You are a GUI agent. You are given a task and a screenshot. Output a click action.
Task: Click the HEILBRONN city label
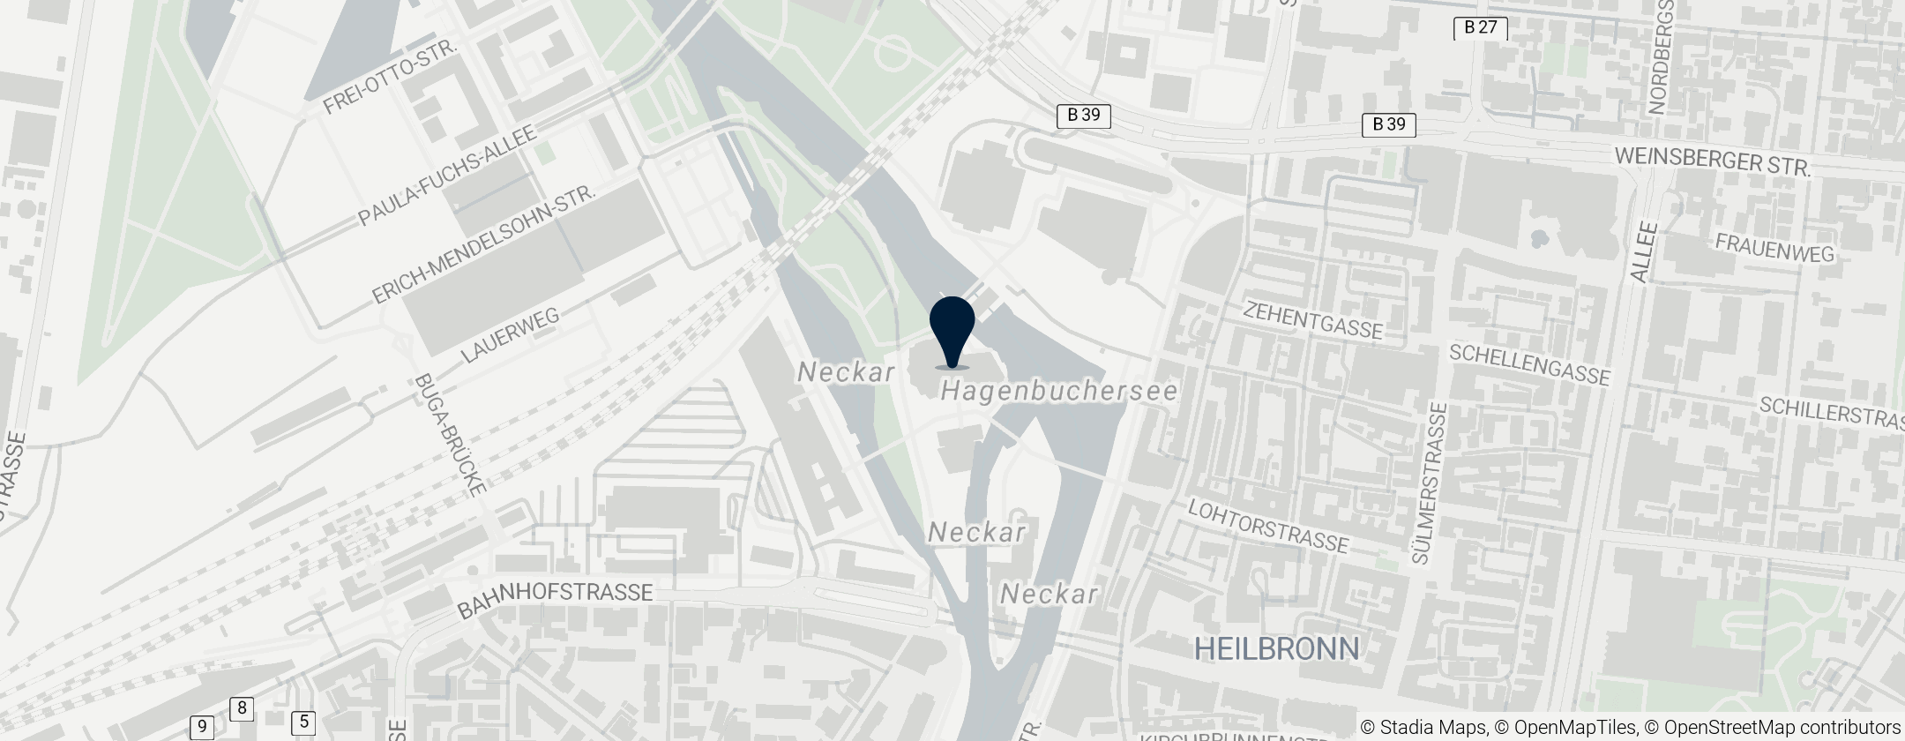(1276, 649)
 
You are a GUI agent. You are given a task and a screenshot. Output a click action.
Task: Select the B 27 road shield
(1480, 28)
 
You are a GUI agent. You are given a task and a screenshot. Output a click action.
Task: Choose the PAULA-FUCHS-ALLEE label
(447, 176)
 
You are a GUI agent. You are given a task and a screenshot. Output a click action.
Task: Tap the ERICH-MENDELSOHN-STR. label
(484, 244)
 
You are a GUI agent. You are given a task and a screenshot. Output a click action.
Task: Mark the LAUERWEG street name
(511, 336)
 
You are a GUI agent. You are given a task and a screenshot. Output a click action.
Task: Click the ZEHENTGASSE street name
(1312, 318)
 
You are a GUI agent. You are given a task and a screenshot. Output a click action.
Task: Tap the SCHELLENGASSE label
(1530, 364)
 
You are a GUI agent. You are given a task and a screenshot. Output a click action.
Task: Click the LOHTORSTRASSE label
(1268, 526)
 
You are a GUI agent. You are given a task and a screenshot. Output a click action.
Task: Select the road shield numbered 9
(202, 728)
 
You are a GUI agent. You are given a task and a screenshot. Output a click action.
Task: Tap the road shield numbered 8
(242, 708)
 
